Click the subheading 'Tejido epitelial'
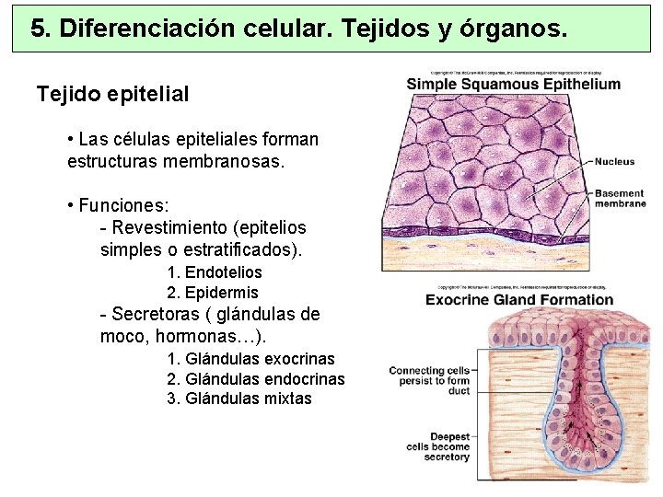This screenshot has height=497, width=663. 112,94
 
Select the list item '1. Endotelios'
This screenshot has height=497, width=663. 215,272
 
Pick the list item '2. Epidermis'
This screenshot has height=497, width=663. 213,293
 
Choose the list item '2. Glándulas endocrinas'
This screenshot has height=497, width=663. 256,379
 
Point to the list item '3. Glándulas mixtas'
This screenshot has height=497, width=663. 239,399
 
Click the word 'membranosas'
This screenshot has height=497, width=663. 230,162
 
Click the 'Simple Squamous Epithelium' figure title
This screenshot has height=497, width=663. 514,85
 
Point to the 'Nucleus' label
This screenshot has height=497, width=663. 614,162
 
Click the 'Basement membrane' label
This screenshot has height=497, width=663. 620,199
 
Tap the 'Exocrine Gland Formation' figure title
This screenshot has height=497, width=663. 519,299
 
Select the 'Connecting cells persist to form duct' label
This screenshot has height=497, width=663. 429,381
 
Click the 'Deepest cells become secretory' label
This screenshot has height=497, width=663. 437,447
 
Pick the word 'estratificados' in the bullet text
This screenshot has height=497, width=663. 244,249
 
